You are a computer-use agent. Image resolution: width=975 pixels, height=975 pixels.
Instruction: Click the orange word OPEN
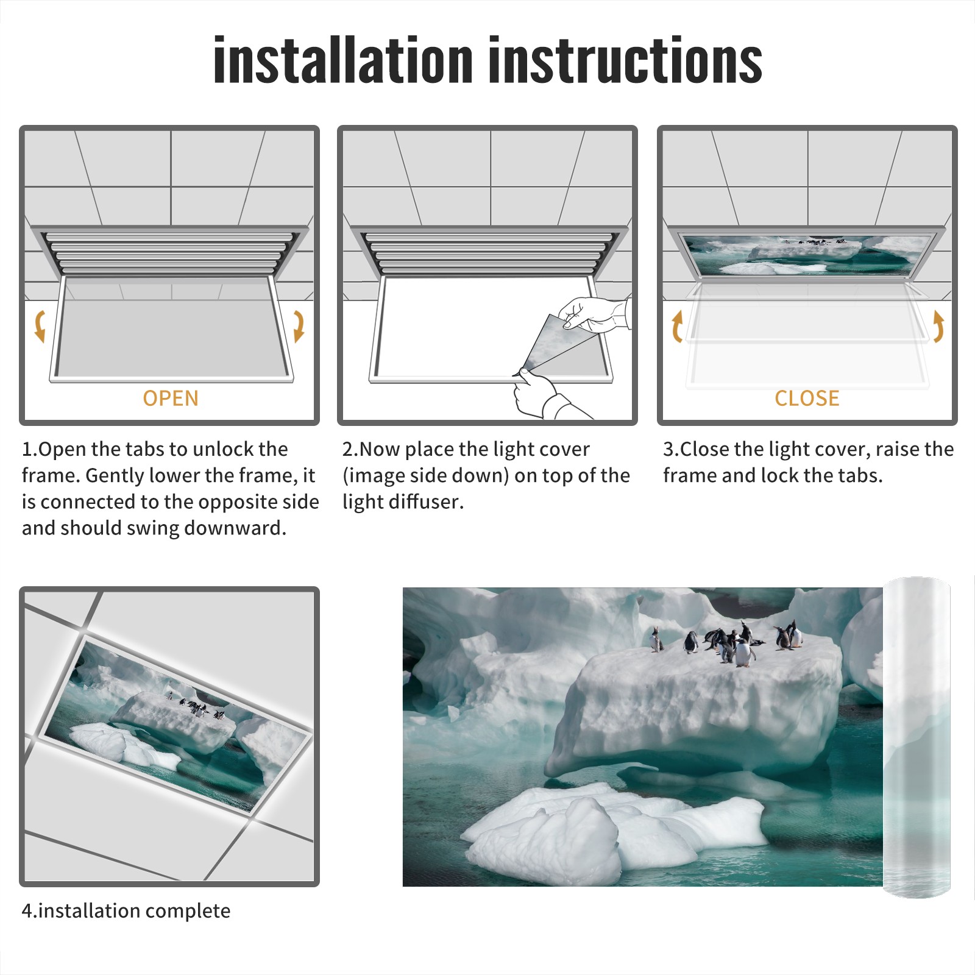[171, 398]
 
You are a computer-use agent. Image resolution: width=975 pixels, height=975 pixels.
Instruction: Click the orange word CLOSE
[807, 398]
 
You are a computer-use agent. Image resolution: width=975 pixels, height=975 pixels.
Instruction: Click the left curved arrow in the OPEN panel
[40, 326]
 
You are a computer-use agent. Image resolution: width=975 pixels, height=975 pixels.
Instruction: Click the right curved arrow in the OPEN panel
[299, 326]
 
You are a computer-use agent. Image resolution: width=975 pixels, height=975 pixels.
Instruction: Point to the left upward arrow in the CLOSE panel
[677, 326]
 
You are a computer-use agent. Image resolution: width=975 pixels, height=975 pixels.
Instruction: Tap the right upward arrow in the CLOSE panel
[938, 326]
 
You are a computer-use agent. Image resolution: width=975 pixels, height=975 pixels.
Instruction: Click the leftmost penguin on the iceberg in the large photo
[656, 639]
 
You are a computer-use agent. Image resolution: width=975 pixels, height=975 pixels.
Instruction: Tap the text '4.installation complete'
[126, 911]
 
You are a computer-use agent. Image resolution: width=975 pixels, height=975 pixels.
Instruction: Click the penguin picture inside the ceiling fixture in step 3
[808, 255]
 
